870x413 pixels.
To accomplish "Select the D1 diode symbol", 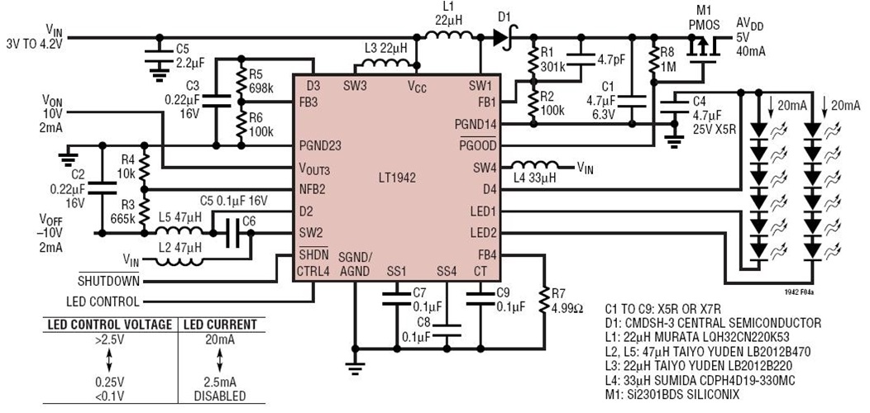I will point(500,37).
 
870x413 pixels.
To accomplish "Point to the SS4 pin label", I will point(446,272).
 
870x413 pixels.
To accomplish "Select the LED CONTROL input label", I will point(102,301).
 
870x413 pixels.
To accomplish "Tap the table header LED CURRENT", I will point(219,325).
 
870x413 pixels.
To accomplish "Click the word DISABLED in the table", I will point(219,396).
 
